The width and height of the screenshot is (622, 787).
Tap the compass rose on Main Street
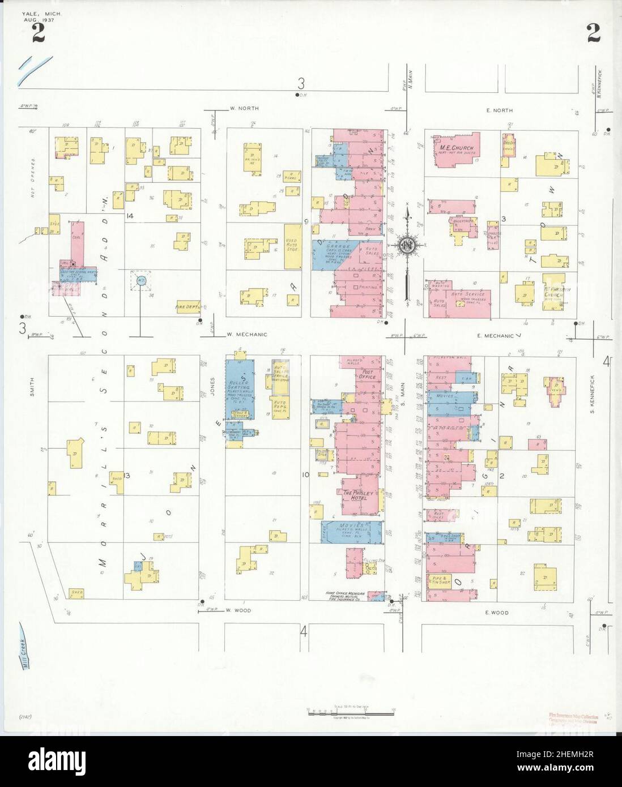407,245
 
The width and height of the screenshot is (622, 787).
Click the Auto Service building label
467,294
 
